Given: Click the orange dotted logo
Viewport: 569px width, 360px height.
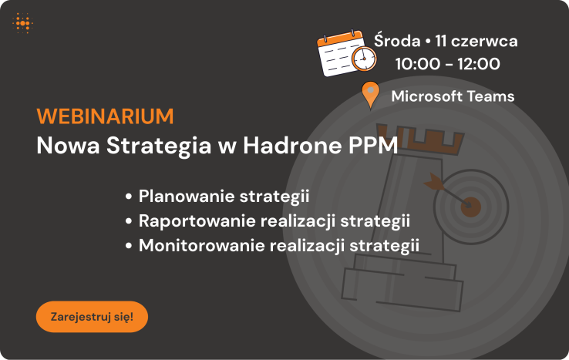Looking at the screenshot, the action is tap(23, 23).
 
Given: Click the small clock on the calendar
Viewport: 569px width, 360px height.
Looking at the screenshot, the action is tap(364, 59).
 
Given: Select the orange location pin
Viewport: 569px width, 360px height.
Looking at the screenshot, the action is tap(371, 94).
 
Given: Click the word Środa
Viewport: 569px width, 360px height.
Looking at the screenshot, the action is tap(397, 40).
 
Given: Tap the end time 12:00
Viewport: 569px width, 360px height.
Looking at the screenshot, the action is tap(479, 64).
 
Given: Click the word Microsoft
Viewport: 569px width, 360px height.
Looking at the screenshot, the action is tap(427, 96).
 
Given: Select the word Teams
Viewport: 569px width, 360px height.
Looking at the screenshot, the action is tap(490, 96).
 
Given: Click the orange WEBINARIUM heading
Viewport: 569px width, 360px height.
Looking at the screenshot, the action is tap(105, 116).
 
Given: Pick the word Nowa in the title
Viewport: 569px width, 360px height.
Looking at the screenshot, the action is tap(68, 146).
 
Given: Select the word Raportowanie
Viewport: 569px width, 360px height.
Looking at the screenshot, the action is tap(197, 220).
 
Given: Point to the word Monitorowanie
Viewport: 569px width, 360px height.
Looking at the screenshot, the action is tap(202, 245).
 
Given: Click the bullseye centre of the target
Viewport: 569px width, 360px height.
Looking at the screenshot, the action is tap(470, 207).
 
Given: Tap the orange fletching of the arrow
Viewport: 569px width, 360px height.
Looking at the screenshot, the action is tap(434, 181).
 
